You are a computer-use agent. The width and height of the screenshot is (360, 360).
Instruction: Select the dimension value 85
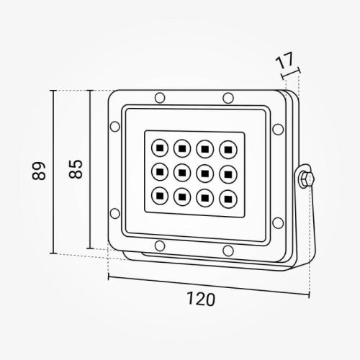[x=76, y=168]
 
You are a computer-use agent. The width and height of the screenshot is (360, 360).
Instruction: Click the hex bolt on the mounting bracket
[x=307, y=179]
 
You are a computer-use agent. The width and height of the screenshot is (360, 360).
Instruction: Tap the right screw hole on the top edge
[x=228, y=97]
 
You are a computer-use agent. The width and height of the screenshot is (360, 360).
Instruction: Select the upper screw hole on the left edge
[x=113, y=127]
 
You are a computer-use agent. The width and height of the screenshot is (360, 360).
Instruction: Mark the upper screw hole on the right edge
[x=278, y=127]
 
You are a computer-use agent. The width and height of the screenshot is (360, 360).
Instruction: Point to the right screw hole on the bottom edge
[x=228, y=250]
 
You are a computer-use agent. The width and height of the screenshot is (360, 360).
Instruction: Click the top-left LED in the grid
[x=158, y=148]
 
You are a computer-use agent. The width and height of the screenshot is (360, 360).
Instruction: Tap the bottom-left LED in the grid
[x=158, y=194]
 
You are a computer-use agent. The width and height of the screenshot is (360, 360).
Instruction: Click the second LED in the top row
[x=181, y=148]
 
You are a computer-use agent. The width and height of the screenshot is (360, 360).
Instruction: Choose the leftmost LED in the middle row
[x=158, y=171]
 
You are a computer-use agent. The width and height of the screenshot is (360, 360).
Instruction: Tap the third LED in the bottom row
[x=204, y=195]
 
